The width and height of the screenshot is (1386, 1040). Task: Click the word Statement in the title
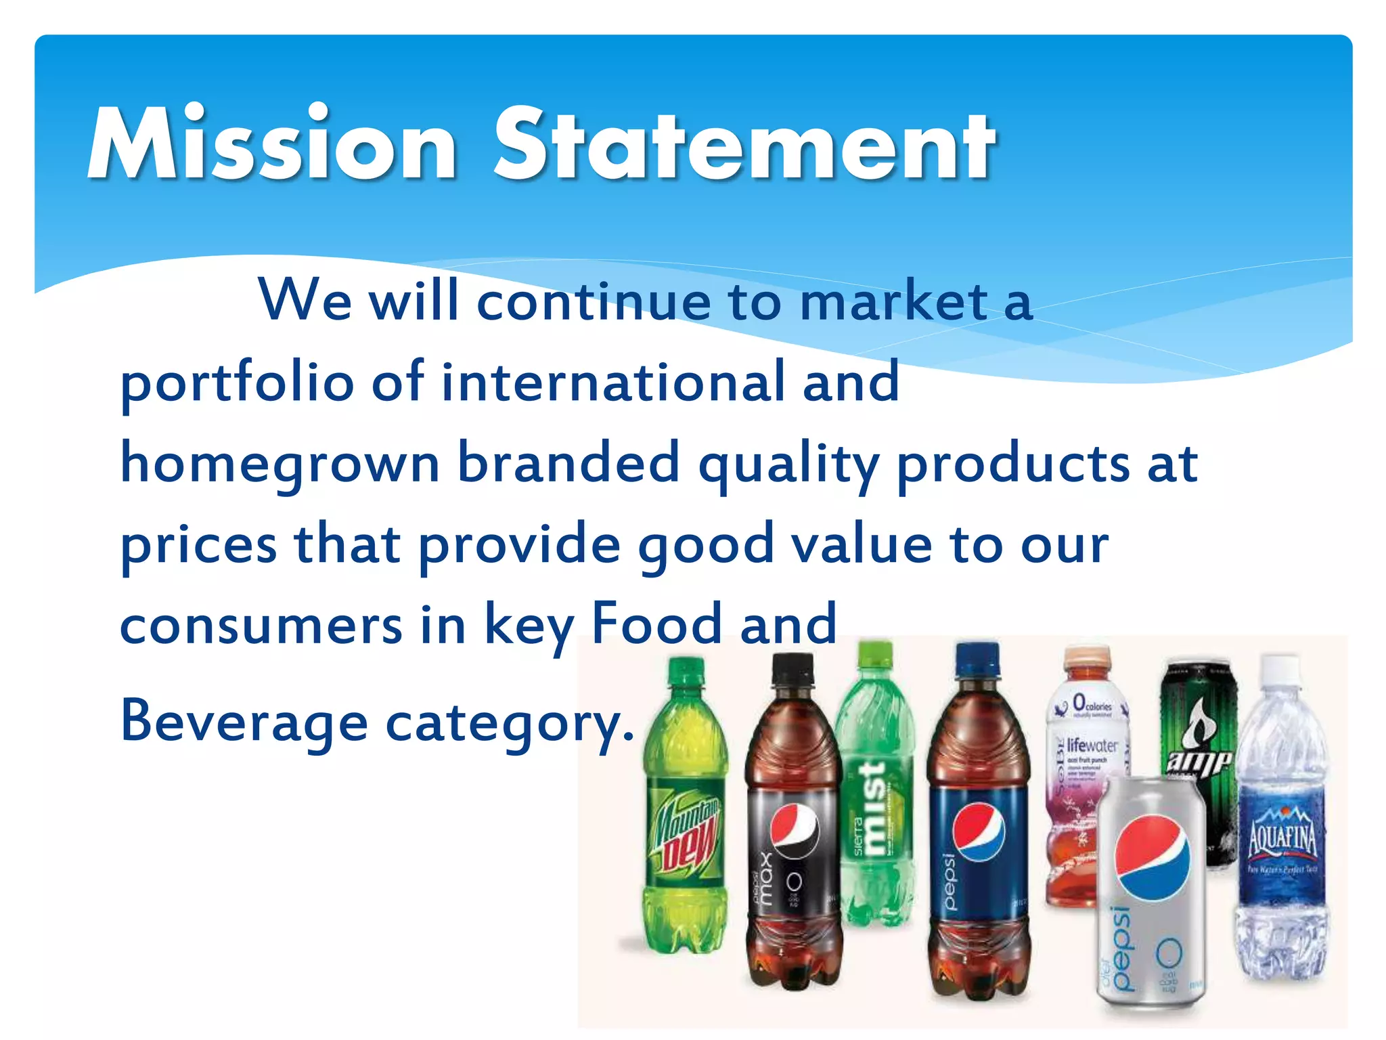point(744,145)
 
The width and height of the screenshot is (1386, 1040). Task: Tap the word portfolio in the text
point(237,383)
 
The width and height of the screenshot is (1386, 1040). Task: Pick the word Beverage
point(244,722)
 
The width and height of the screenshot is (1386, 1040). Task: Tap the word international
point(613,382)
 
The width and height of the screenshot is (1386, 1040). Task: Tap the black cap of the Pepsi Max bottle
point(792,670)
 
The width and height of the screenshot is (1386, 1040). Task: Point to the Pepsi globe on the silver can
point(1152,857)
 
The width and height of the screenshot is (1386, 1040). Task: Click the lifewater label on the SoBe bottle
point(1091,745)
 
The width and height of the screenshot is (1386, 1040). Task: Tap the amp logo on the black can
point(1199,762)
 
